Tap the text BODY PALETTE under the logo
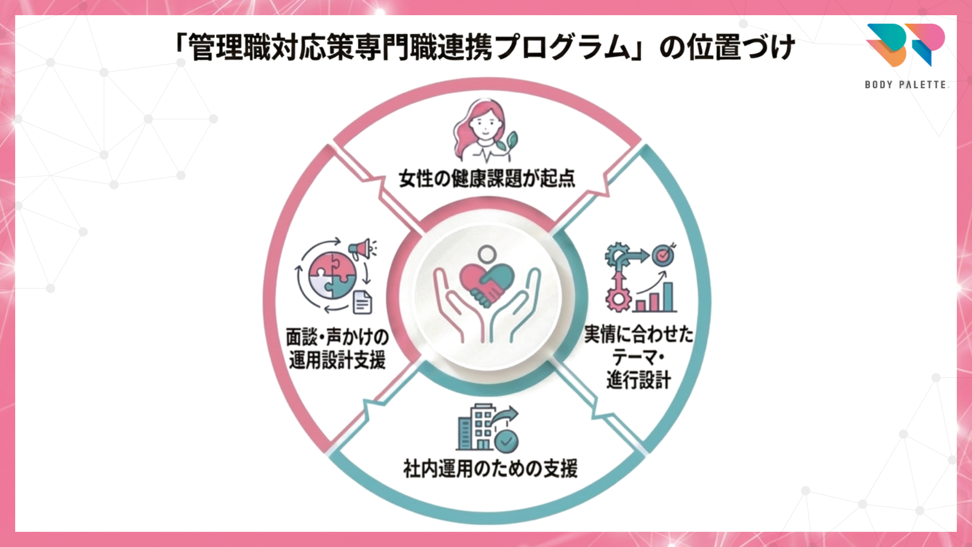coord(906,85)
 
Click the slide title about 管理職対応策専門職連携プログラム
coord(483,48)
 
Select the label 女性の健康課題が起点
coord(487,178)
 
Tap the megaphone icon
coord(362,249)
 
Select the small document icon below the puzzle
coord(362,302)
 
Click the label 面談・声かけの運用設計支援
coord(337,348)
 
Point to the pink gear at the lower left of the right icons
coord(618,299)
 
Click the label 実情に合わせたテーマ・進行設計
coord(638,357)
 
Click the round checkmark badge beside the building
coord(506,441)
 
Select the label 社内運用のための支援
coord(490,468)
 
